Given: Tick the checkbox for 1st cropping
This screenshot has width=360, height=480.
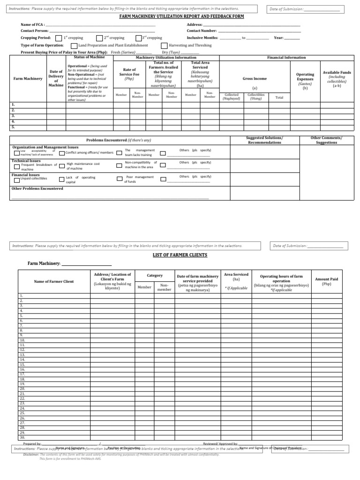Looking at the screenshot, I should pyautogui.click(x=58, y=38).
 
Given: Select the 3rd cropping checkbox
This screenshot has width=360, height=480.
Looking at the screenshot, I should pyautogui.click(x=138, y=38).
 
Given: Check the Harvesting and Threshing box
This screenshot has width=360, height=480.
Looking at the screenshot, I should pyautogui.click(x=164, y=45).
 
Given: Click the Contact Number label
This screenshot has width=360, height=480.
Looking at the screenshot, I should pyautogui.click(x=202, y=30).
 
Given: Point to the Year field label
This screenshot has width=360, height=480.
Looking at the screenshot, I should pyautogui.click(x=278, y=37).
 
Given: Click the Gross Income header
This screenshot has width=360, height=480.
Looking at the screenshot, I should pyautogui.click(x=255, y=79).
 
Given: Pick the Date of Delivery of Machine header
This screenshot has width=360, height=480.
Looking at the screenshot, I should pyautogui.click(x=56, y=78).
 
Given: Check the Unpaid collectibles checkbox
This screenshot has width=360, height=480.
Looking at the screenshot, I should pyautogui.click(x=17, y=180).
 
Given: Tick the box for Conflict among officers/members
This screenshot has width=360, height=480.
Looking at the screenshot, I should pyautogui.click(x=62, y=153).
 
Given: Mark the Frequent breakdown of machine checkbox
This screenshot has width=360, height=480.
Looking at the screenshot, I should pyautogui.click(x=17, y=166).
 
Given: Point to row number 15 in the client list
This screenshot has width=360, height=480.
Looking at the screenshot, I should pyautogui.click(x=22, y=364).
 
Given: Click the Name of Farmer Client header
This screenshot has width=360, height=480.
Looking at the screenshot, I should pyautogui.click(x=54, y=281).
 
